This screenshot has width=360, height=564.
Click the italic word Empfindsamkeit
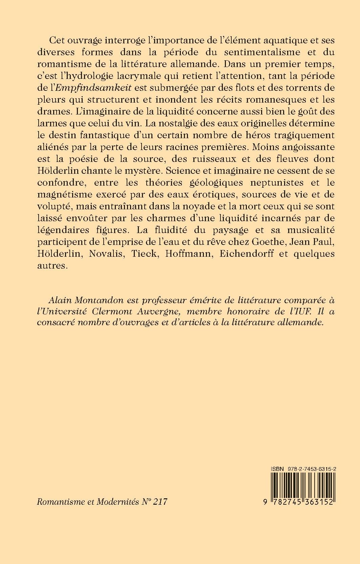[x=89, y=88]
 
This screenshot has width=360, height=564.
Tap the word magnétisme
[x=69, y=194]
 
